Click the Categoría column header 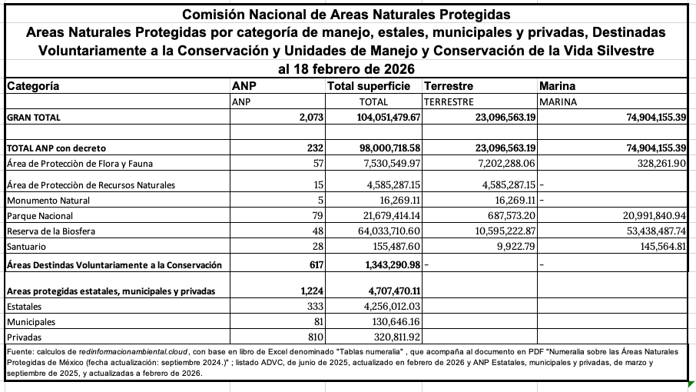[x=33, y=86]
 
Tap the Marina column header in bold [x=558, y=86]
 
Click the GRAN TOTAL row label [x=33, y=118]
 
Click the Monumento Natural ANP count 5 [x=321, y=200]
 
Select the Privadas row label [x=24, y=337]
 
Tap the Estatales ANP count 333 [x=316, y=306]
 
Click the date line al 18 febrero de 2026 [x=348, y=69]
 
